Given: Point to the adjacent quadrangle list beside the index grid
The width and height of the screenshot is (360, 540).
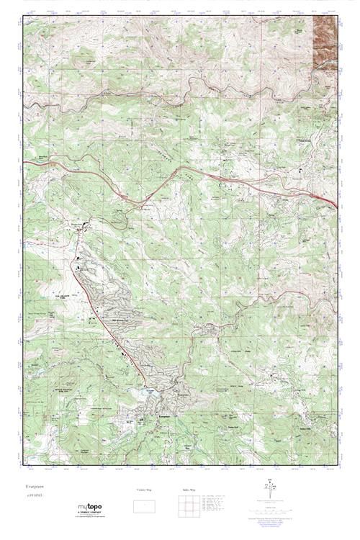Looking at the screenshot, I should click(216, 502).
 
